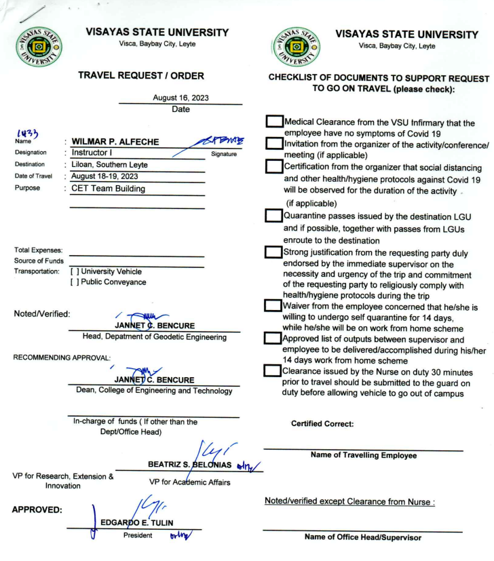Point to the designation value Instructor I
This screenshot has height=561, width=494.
click(x=96, y=153)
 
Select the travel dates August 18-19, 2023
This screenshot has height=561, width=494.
click(x=111, y=176)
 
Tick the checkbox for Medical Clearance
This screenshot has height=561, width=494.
click(x=273, y=121)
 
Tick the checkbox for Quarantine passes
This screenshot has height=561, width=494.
click(x=273, y=217)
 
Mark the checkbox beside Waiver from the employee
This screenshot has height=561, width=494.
click(x=273, y=307)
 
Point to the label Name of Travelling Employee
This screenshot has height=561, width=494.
click(x=363, y=455)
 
